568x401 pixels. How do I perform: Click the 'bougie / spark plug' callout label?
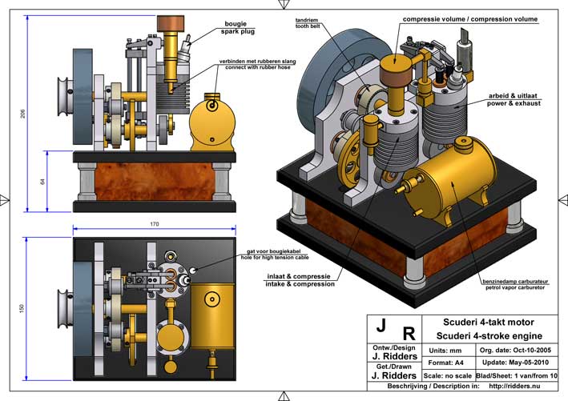click(238, 29)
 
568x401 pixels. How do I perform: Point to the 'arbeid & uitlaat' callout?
click(515, 99)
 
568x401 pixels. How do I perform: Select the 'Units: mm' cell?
click(446, 351)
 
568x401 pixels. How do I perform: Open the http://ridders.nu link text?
click(512, 387)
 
